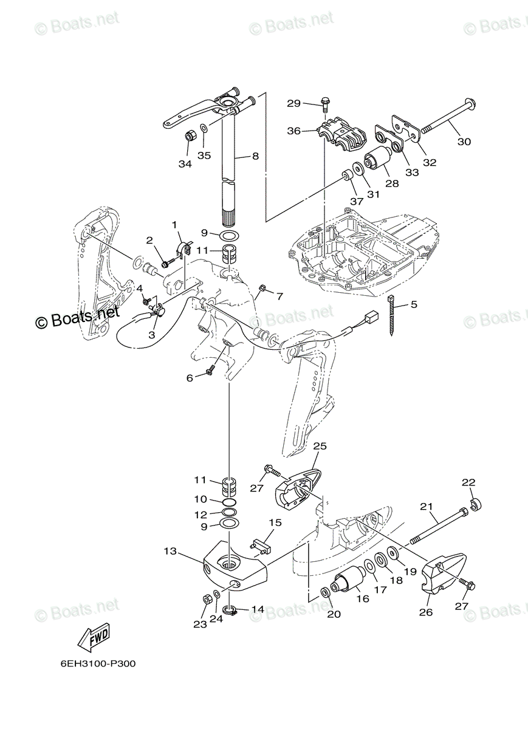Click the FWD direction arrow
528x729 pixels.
click(93, 638)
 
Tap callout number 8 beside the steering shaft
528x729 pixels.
click(255, 156)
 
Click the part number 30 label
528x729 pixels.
click(464, 142)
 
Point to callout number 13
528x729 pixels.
click(170, 551)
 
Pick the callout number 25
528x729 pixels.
click(320, 446)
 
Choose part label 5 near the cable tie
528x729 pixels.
click(413, 304)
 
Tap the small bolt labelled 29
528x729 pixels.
click(324, 105)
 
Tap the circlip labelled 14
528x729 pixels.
click(230, 609)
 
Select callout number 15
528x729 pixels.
click(275, 522)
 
